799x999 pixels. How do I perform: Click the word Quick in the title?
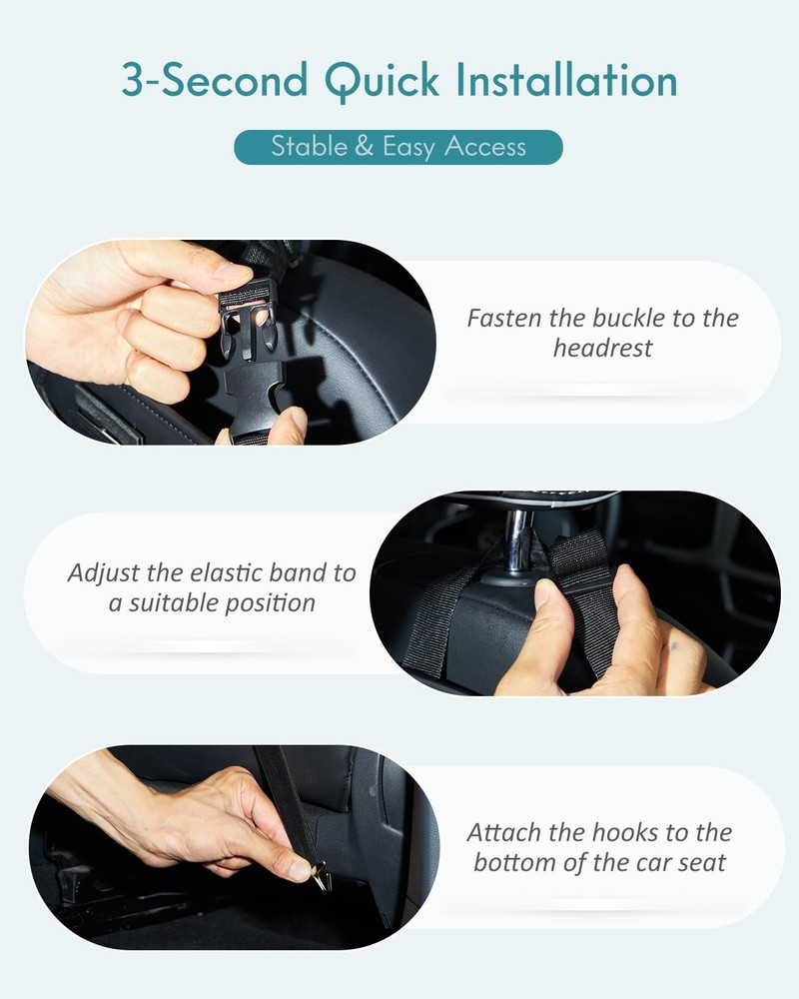point(382,81)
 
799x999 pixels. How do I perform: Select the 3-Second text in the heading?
point(215,80)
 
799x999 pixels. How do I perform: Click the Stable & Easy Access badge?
point(399,147)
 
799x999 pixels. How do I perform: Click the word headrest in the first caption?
point(603,348)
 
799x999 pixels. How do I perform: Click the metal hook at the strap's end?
point(322,876)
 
